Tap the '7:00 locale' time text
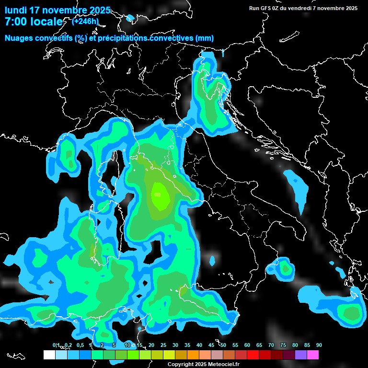(33, 22)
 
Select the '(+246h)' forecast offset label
(85, 21)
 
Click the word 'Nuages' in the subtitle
(19, 38)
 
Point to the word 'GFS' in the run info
(266, 8)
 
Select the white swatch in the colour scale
(49, 355)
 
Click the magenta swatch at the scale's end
(313, 355)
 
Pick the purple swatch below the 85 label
(301, 355)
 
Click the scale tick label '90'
(319, 345)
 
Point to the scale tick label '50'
(223, 345)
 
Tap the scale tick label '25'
(163, 345)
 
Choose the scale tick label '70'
(271, 345)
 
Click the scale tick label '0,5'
(80, 345)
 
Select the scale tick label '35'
(187, 345)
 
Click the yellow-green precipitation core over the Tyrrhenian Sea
(158, 195)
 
